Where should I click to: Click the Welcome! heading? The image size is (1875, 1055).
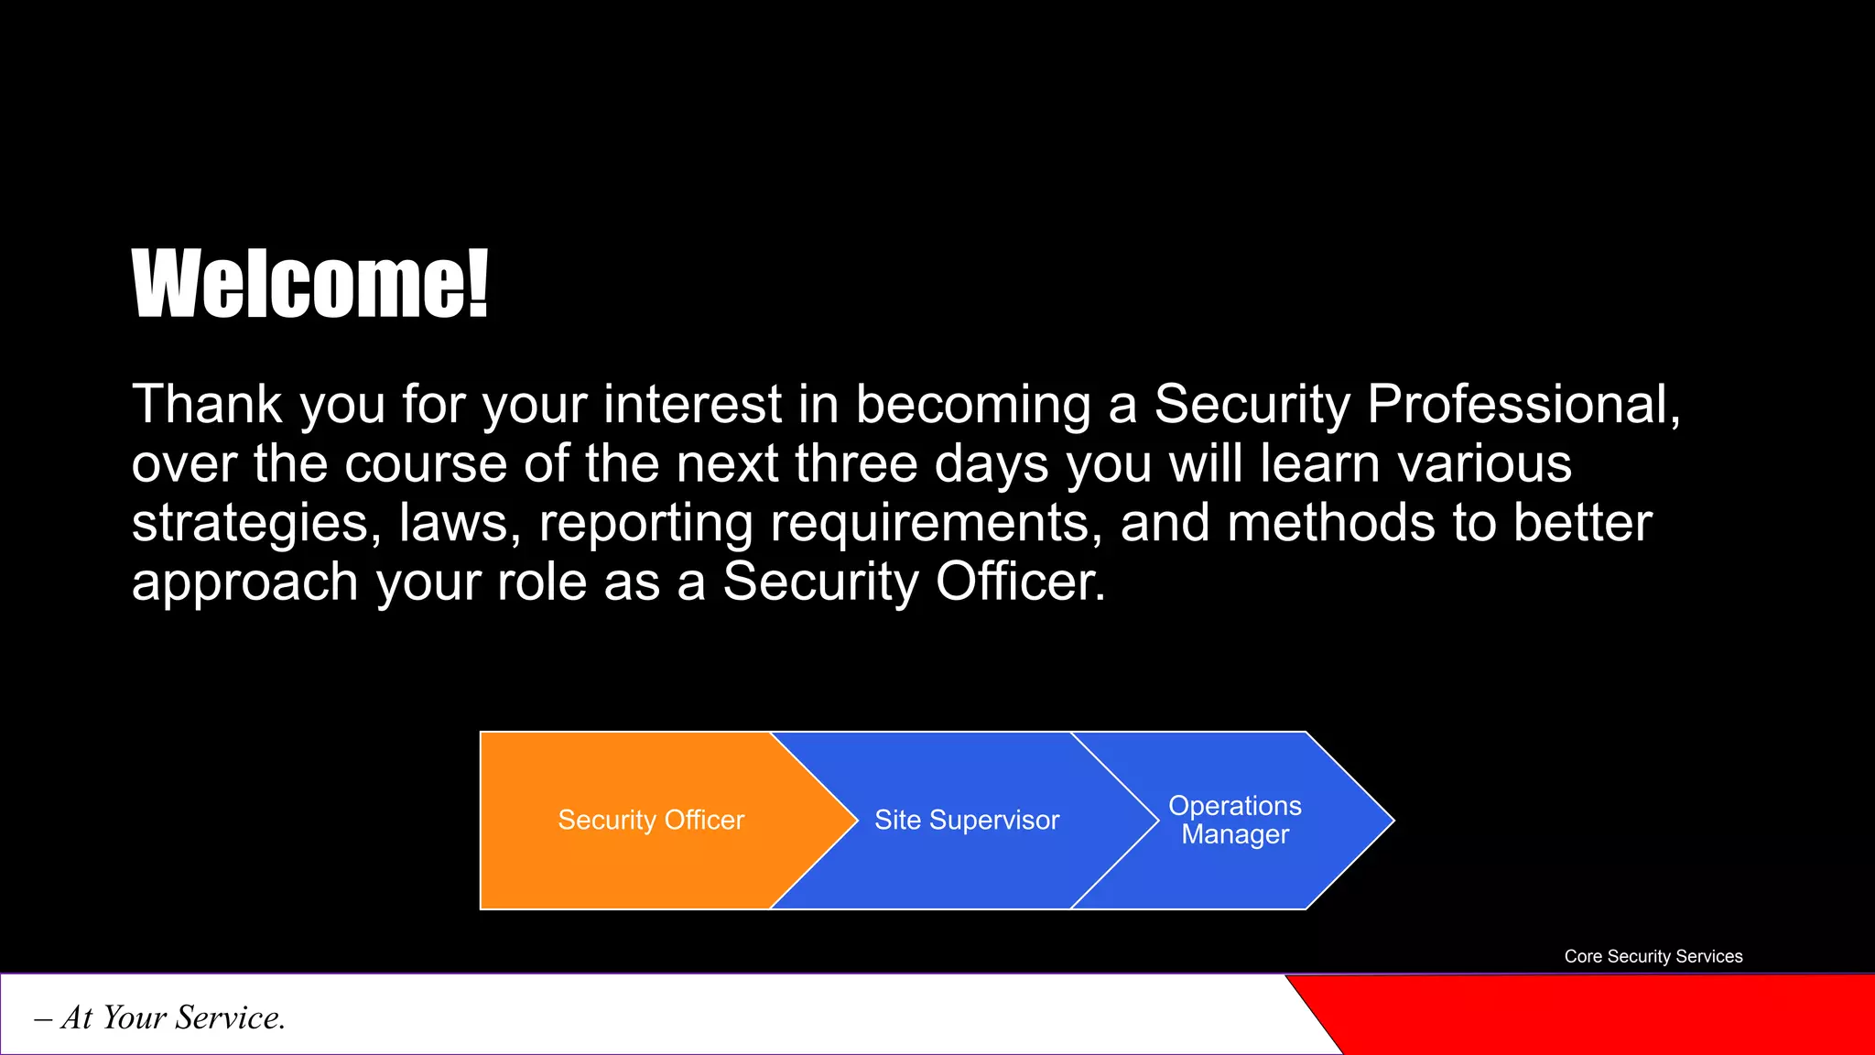[x=309, y=284]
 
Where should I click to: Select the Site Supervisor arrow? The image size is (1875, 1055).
[x=967, y=820]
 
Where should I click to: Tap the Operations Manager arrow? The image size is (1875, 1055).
[x=1235, y=820]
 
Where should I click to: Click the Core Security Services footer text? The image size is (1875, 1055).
[x=1653, y=956]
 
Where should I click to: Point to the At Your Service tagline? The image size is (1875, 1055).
[x=160, y=1017]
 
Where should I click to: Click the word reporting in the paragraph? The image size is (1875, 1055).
[x=645, y=523]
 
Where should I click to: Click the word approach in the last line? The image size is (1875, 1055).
[x=244, y=582]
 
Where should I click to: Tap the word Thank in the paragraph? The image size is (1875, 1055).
[x=207, y=404]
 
